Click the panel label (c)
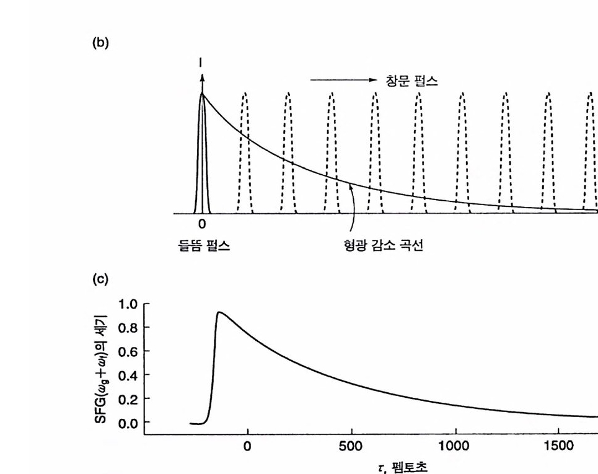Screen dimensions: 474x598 tap(100, 279)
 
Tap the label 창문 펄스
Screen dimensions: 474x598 tap(411, 80)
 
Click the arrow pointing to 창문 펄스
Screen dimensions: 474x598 tap(343, 80)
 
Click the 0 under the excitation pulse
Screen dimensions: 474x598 tap(202, 224)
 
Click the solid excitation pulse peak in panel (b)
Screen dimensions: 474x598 tap(202, 95)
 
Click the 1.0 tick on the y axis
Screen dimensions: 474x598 tap(128, 304)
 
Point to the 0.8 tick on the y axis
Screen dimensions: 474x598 tap(128, 328)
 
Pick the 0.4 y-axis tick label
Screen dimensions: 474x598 tap(128, 375)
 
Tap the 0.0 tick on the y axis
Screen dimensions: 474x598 tap(128, 423)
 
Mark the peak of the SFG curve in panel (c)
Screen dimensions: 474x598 tap(219, 312)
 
